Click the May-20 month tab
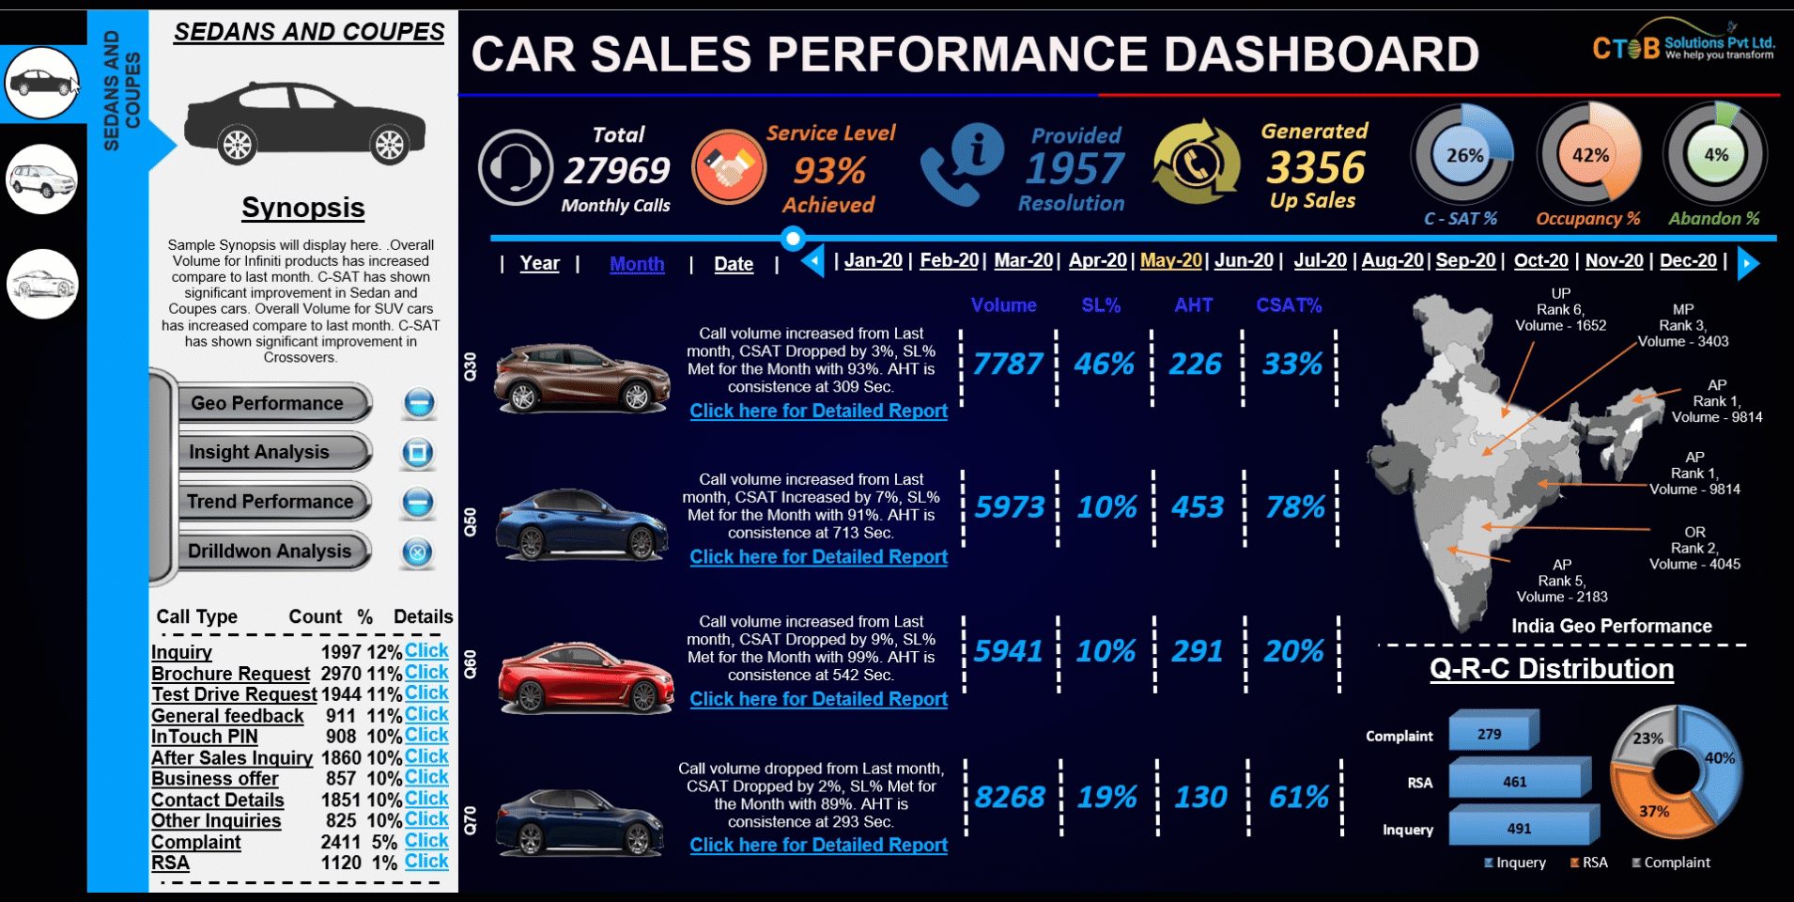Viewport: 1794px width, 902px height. click(x=1170, y=260)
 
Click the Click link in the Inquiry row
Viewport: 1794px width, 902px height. click(x=426, y=650)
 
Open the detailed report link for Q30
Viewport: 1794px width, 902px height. click(x=818, y=411)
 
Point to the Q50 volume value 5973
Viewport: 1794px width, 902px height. click(x=1009, y=507)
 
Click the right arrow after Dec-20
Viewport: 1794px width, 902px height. click(x=1748, y=263)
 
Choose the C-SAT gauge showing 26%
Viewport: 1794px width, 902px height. click(x=1462, y=154)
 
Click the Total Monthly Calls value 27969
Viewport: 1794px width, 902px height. click(x=616, y=170)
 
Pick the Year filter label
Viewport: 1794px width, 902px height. click(x=539, y=264)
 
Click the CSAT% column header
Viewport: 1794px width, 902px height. click(x=1289, y=305)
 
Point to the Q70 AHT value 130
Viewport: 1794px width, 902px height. click(x=1200, y=798)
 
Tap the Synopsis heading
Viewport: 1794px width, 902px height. click(x=302, y=208)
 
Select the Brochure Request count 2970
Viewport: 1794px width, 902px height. click(x=341, y=674)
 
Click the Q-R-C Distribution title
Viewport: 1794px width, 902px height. click(x=1552, y=669)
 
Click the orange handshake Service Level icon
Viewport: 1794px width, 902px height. click(x=728, y=167)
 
